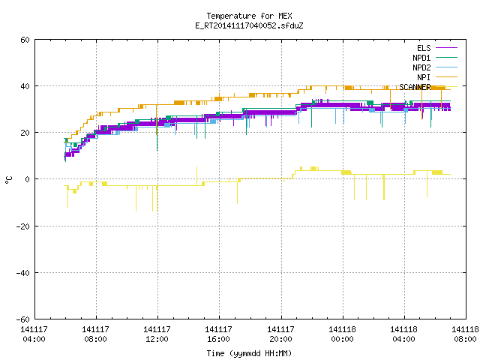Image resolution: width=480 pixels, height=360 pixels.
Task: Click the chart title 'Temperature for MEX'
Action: [x=249, y=16]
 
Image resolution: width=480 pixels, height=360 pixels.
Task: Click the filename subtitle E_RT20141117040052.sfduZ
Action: [x=249, y=25]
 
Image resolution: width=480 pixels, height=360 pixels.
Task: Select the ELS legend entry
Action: [x=424, y=48]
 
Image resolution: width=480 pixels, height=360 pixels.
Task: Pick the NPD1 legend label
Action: [x=421, y=58]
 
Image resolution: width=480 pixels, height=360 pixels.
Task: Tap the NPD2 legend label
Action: [x=421, y=67]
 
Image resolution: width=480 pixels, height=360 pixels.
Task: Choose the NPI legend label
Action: [x=424, y=77]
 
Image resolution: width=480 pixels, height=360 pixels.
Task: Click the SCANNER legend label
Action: [x=415, y=87]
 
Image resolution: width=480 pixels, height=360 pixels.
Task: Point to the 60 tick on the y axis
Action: [x=25, y=40]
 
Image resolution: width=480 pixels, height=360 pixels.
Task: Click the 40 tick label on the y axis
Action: [x=25, y=86]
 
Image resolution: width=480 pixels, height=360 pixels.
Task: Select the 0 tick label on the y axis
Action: [x=28, y=179]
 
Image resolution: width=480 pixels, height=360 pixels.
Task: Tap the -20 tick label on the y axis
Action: [x=23, y=226]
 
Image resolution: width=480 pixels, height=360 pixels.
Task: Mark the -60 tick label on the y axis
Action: [x=23, y=319]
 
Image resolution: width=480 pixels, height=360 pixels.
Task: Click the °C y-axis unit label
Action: [x=8, y=180]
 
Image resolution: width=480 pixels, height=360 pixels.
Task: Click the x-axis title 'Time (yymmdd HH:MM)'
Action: [x=249, y=353]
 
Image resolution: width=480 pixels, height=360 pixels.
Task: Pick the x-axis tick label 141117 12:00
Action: [x=157, y=334]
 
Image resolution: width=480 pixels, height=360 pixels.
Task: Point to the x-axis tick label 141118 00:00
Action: [x=342, y=334]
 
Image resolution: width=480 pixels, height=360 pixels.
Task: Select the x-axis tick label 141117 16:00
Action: [x=218, y=334]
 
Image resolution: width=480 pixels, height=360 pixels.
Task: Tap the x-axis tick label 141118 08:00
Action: [x=465, y=334]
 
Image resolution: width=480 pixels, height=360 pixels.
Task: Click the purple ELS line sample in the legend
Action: [x=446, y=48]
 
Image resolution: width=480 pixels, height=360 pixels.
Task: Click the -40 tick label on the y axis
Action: [x=23, y=273]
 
